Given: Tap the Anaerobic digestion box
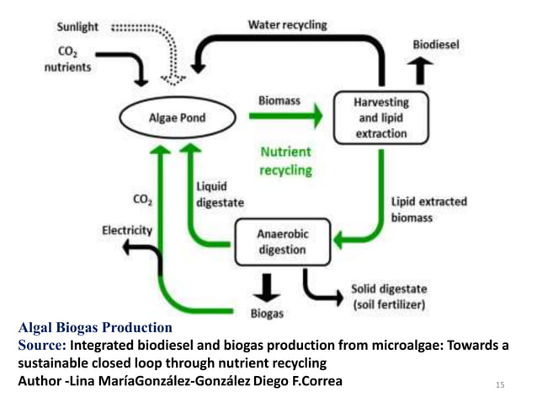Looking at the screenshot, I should point(280,241).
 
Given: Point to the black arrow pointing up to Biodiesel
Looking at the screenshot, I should point(421,71).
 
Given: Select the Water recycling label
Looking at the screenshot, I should point(287,24).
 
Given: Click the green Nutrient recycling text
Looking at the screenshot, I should point(285,161).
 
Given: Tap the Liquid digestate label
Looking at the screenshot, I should point(221,194).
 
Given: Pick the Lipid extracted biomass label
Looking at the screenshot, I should point(428,210).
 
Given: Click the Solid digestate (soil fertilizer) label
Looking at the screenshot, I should point(388,295).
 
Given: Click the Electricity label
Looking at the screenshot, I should point(127,229).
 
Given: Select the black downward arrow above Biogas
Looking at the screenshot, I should point(267,286).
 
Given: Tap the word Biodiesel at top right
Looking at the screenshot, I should point(435,44).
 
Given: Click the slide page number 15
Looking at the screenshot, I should point(500,385).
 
